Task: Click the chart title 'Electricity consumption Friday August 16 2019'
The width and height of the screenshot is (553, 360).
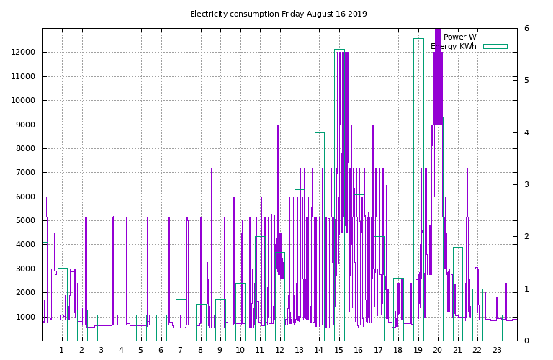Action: pos(278,14)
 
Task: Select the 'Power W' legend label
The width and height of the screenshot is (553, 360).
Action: pos(459,37)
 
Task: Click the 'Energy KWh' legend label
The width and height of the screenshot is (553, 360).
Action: pos(454,46)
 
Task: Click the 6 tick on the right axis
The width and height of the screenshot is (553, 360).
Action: pos(526,28)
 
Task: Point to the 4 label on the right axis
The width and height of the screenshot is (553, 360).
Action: pos(526,132)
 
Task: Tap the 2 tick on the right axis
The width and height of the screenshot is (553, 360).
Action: pos(526,236)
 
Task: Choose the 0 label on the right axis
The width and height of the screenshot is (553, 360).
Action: pos(526,341)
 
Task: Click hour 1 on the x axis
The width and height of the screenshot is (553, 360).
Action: pos(61,351)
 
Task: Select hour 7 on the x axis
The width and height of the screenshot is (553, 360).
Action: pos(180,351)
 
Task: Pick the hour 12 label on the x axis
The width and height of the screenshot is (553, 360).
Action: pos(279,351)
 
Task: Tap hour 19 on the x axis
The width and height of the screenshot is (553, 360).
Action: pos(418,351)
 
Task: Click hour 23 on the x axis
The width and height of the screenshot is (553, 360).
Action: pos(497,351)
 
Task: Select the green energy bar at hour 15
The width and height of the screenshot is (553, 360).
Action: pos(339,194)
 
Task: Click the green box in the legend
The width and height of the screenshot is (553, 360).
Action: pos(495,46)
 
